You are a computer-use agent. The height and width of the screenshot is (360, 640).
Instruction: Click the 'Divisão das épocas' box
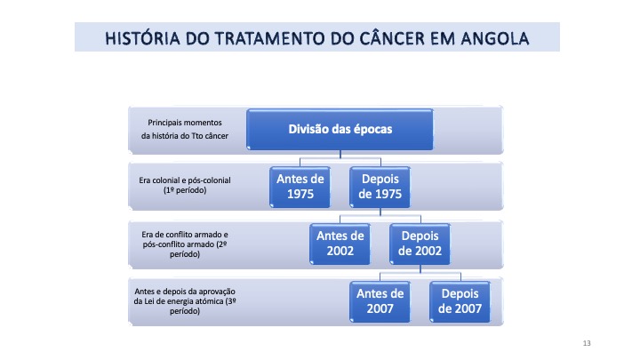coord(340,130)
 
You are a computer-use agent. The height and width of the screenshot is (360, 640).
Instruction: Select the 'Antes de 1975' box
coord(300,187)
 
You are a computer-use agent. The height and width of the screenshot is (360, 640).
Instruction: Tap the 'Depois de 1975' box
coord(380,187)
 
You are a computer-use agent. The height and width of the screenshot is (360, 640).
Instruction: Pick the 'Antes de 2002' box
coord(340,244)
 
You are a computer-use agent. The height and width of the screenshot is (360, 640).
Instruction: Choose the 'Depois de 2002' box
coord(420,244)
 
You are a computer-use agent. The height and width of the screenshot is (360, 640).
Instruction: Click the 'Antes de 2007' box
coord(380,301)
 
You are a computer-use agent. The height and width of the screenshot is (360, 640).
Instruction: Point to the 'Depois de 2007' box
coord(460,301)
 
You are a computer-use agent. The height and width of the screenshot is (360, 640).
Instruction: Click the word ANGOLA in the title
coord(495,39)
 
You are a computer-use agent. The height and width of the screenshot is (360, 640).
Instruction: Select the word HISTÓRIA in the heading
coord(142,38)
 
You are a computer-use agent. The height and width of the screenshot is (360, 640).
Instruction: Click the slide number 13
coord(587,343)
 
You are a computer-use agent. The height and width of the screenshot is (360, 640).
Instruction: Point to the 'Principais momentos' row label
coord(185,123)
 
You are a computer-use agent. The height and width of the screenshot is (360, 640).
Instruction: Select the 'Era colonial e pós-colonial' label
coord(185,180)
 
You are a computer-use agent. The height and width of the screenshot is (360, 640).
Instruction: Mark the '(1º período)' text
coord(185,190)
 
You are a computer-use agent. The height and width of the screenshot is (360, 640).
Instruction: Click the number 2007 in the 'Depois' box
coord(460,308)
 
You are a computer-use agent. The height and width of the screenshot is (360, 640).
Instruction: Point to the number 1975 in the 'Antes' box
coord(300,194)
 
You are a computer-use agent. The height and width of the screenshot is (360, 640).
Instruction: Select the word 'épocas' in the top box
coord(372,130)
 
